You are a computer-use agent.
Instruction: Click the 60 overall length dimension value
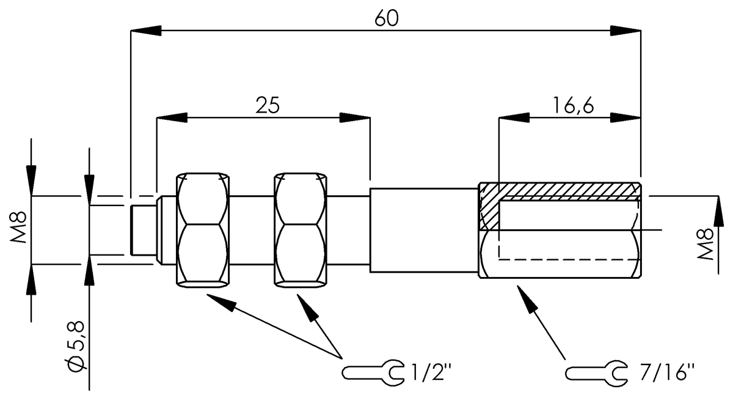pyautogui.click(x=387, y=18)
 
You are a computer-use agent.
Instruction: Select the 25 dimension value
pyautogui.click(x=267, y=105)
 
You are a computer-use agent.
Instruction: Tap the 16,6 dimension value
pyautogui.click(x=573, y=105)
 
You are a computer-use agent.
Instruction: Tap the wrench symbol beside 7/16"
pyautogui.click(x=596, y=371)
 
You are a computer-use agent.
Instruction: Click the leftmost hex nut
pyautogui.click(x=204, y=230)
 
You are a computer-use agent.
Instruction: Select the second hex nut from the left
pyautogui.click(x=299, y=230)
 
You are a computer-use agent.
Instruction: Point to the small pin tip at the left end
pyautogui.click(x=143, y=230)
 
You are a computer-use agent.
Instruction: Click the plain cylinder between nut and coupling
pyautogui.click(x=423, y=230)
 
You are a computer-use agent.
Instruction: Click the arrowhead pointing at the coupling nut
pyautogui.click(x=526, y=296)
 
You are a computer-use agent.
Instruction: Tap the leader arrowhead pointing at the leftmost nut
pyautogui.click(x=221, y=300)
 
